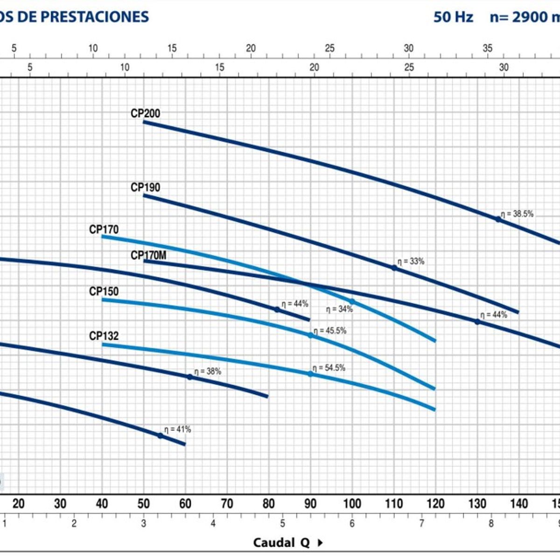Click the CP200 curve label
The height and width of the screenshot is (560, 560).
tap(145, 113)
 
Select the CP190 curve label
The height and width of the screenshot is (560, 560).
tap(145, 187)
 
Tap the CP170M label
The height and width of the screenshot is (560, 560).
tap(148, 255)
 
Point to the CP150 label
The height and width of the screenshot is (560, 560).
tap(104, 291)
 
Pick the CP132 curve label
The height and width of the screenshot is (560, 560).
tap(104, 336)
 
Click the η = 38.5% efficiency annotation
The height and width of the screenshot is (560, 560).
tap(517, 214)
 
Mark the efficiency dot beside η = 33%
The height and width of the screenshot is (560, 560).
tap(394, 268)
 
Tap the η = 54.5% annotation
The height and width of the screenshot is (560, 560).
tap(329, 368)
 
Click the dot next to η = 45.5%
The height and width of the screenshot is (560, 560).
tap(310, 335)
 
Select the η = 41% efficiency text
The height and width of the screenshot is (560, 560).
tap(177, 429)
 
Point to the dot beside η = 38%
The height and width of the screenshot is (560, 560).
tap(189, 377)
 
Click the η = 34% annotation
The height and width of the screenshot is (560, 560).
tap(339, 309)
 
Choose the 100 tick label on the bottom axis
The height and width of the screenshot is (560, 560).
tap(352, 504)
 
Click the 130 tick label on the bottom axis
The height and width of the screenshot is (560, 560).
tap(477, 504)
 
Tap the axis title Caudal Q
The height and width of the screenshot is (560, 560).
tap(281, 542)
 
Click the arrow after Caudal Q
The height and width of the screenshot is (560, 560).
tap(320, 542)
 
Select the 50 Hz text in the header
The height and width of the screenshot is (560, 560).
tap(453, 17)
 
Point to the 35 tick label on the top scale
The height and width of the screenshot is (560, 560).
tap(487, 48)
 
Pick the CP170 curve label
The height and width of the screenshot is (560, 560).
tap(104, 230)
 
